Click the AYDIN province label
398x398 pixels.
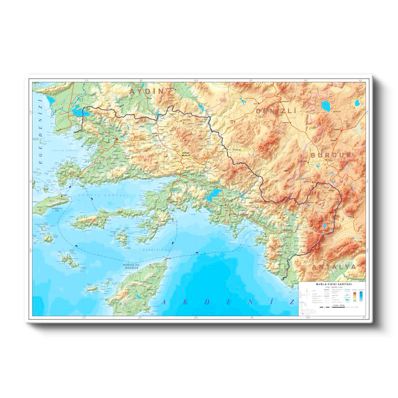(x=146, y=92)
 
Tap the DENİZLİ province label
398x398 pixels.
(x=276, y=110)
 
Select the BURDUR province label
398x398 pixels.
(x=327, y=156)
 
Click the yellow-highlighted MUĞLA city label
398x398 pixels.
(x=186, y=155)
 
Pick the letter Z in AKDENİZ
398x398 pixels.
(x=292, y=302)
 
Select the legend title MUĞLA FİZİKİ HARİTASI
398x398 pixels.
(x=331, y=284)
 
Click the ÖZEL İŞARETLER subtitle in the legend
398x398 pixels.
(x=331, y=287)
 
